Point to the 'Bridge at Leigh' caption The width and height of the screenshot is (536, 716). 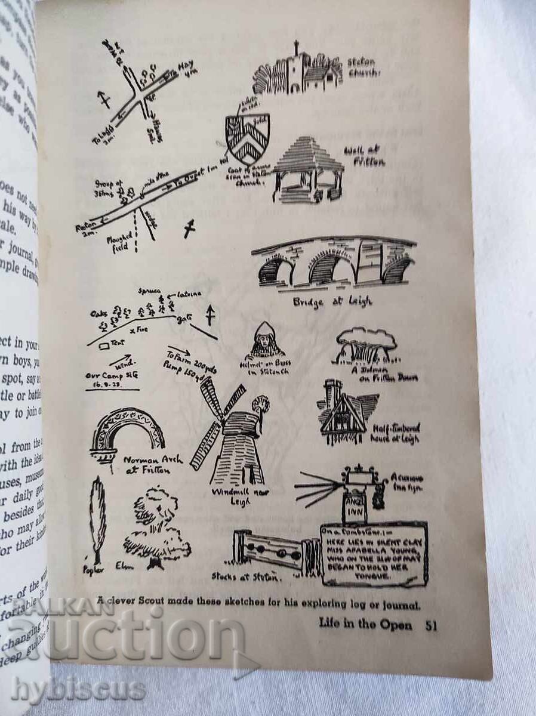(x=332, y=301)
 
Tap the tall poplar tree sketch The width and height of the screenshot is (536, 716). (x=97, y=519)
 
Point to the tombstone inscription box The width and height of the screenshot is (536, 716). (x=374, y=554)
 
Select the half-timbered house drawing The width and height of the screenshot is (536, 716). (x=346, y=412)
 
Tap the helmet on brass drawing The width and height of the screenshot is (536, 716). (x=266, y=341)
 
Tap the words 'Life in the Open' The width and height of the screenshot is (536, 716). (x=365, y=624)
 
